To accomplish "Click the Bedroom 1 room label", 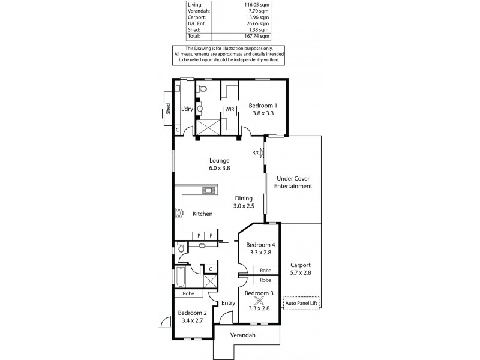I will pos(262,106).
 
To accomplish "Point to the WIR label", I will pos(229,109).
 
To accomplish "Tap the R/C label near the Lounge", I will pos(256,152).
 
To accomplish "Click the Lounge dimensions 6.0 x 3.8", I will pos(220,169).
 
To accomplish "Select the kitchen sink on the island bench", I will pos(208,191).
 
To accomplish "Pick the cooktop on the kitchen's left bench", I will pos(178,212).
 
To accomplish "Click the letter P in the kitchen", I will pos(199,236).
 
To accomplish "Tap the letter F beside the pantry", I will pos(211,236).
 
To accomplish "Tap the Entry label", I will pos(229,303).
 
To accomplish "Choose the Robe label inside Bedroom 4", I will pos(265,271).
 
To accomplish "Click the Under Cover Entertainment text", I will pos(294,182).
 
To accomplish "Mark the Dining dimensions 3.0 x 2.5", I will pos(244,206).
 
